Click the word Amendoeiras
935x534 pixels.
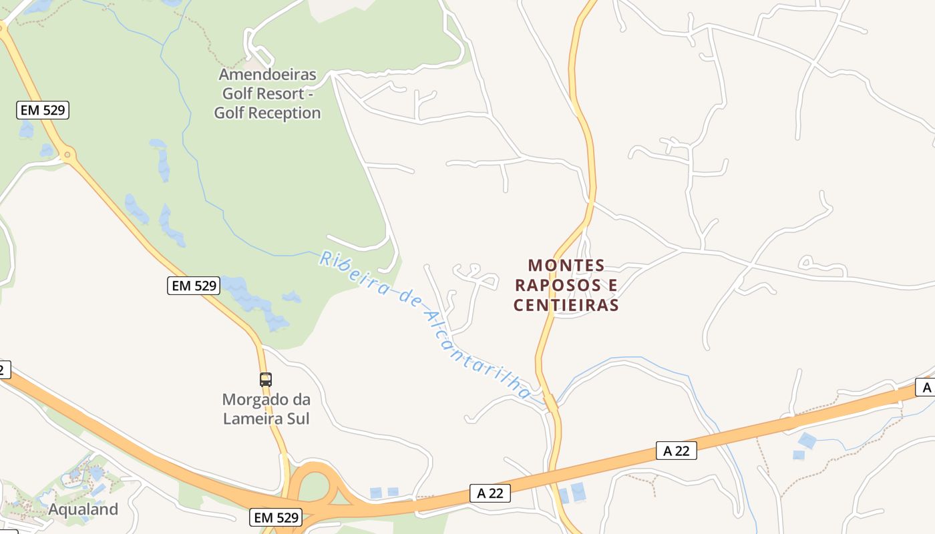click(x=267, y=74)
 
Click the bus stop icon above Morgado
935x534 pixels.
click(x=266, y=380)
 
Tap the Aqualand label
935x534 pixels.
click(x=83, y=509)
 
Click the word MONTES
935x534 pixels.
click(x=566, y=266)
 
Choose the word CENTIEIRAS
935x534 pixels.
click(x=566, y=305)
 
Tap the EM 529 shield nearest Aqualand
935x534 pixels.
click(x=276, y=517)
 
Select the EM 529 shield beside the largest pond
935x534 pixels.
click(x=193, y=286)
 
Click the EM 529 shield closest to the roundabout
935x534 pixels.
click(x=43, y=110)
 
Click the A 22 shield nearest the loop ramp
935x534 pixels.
click(x=490, y=493)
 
